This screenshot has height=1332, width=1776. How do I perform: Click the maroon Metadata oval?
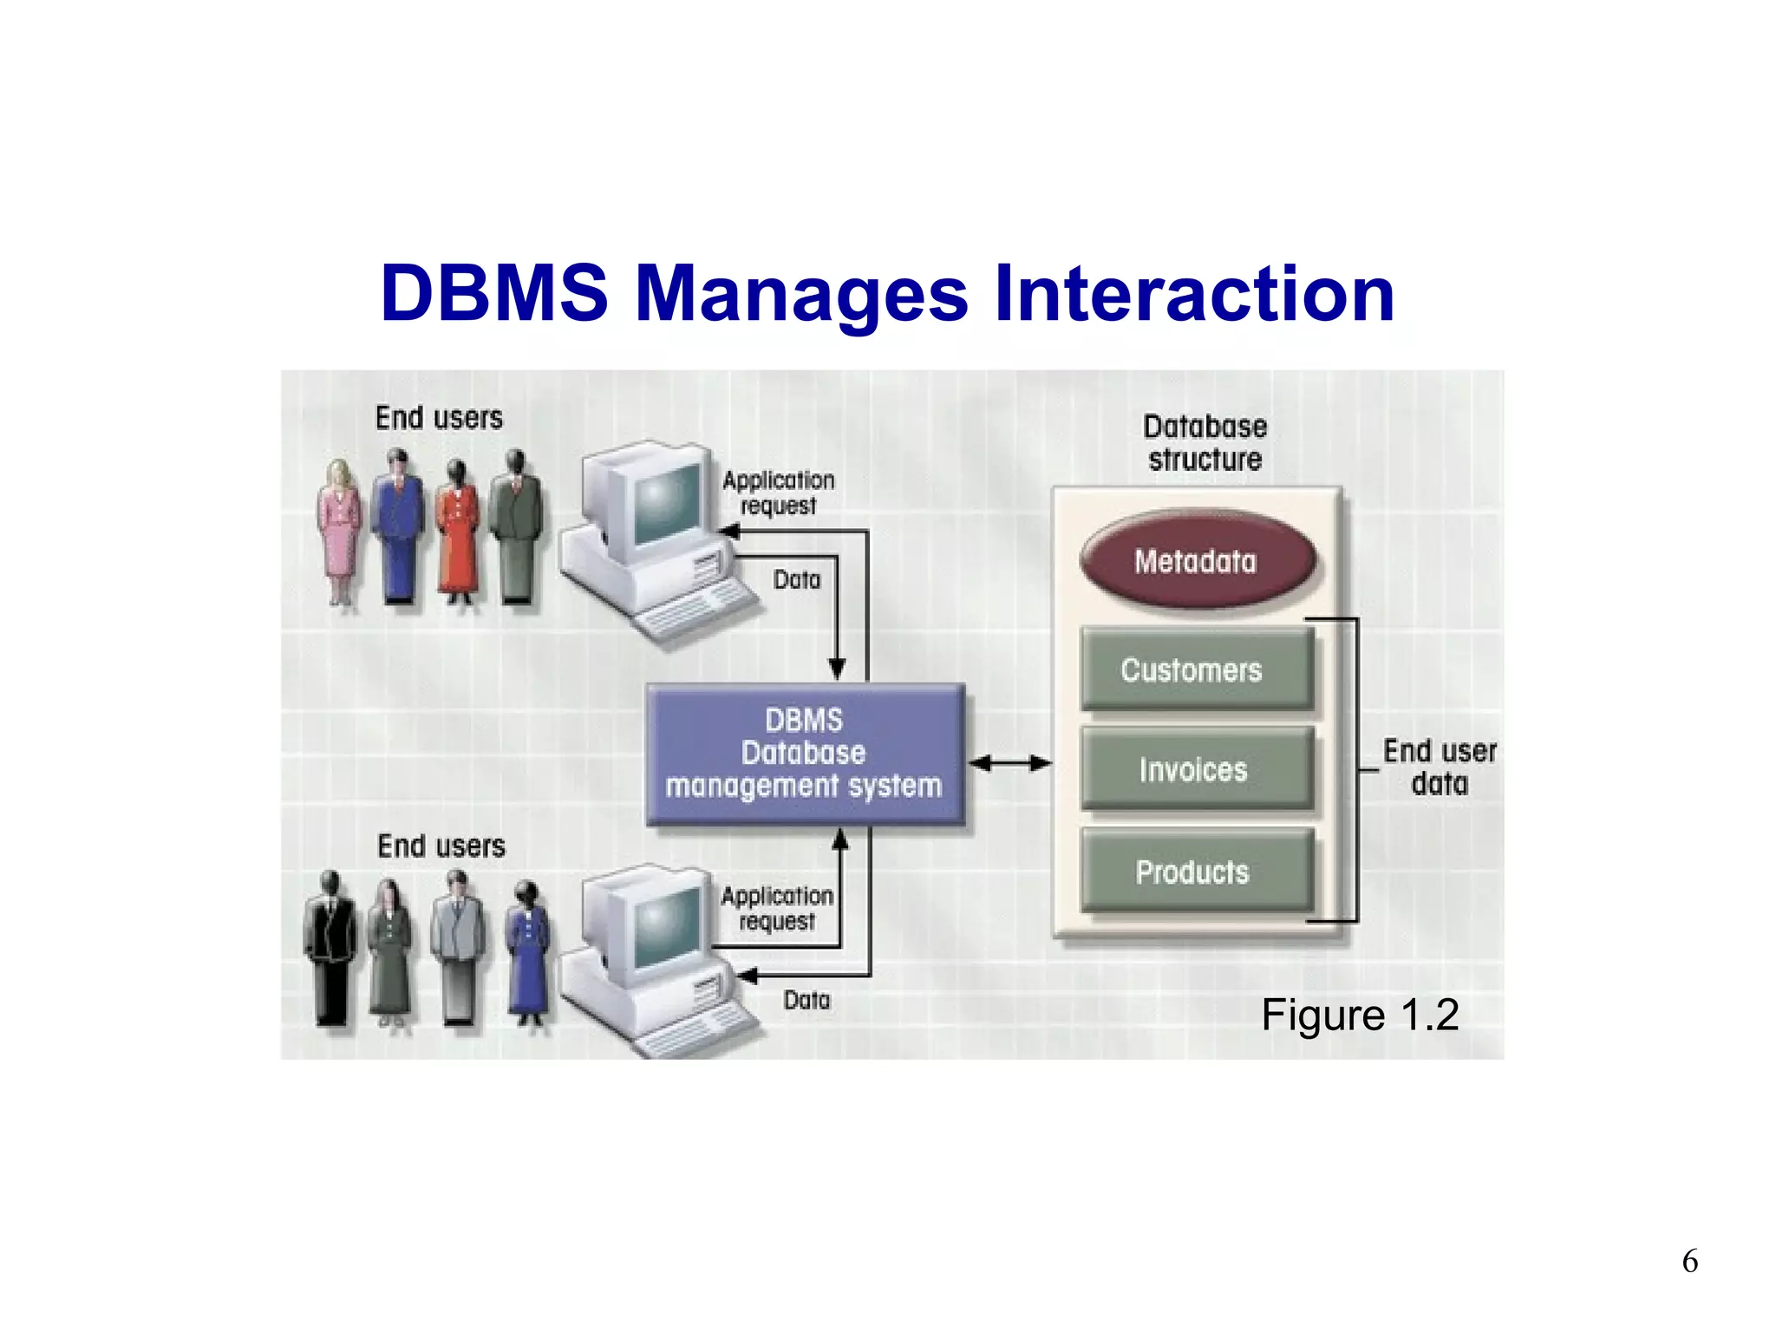click(x=1197, y=561)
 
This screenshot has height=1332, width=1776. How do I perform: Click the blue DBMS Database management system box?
click(x=805, y=753)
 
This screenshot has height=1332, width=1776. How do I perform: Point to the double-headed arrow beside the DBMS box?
click(x=1009, y=763)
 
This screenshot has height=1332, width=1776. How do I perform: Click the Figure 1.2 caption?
click(x=1359, y=1015)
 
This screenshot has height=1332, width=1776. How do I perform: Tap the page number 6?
click(x=1689, y=1261)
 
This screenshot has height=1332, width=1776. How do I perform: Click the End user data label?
click(x=1439, y=767)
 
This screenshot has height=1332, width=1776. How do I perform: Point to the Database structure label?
click(x=1205, y=443)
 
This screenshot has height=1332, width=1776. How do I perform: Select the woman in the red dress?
click(x=457, y=531)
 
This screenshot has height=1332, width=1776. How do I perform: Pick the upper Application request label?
click(x=778, y=492)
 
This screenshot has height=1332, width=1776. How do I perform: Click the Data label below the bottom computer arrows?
click(x=806, y=1000)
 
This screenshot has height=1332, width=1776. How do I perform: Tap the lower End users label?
click(x=441, y=846)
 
